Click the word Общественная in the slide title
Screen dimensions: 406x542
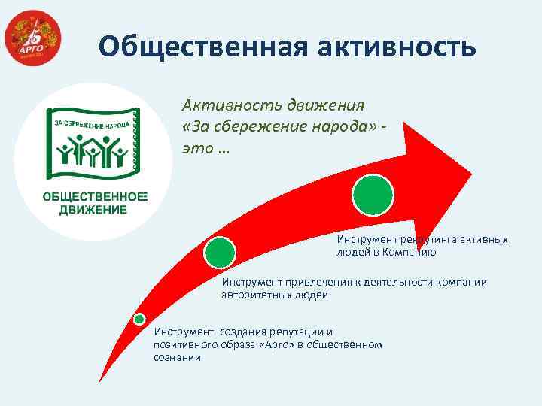click(x=195, y=47)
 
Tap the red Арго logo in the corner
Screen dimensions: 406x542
click(x=32, y=40)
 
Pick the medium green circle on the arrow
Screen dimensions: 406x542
click(x=221, y=253)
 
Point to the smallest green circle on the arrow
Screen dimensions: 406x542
click(x=139, y=319)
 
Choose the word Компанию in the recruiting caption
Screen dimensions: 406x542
click(x=414, y=252)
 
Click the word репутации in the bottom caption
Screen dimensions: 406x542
click(x=289, y=332)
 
